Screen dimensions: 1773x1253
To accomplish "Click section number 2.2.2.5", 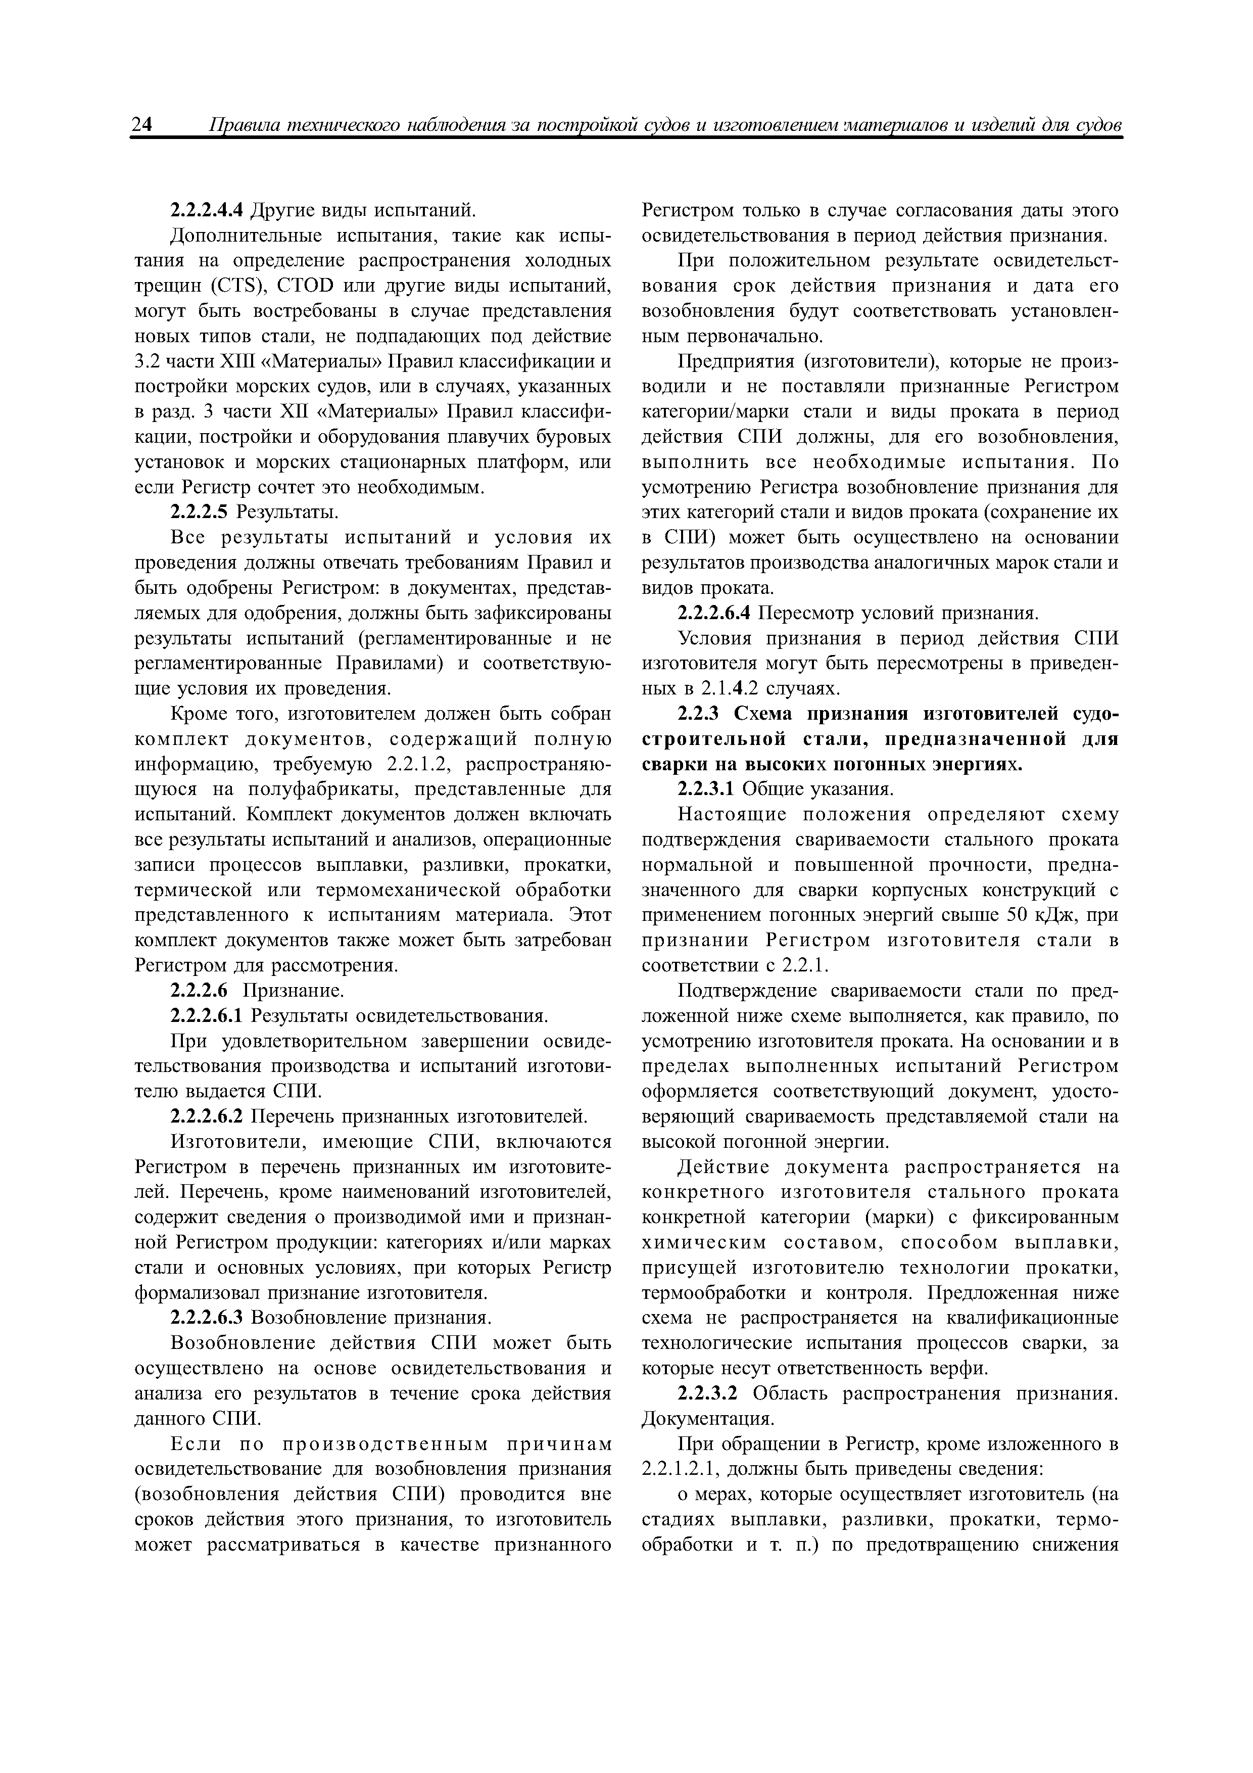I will click(x=199, y=512).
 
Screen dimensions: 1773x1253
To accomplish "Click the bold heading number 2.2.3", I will click(x=699, y=714).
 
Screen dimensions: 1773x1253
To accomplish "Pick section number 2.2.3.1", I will click(x=706, y=789).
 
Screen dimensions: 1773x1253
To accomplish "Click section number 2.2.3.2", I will click(x=706, y=1394).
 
